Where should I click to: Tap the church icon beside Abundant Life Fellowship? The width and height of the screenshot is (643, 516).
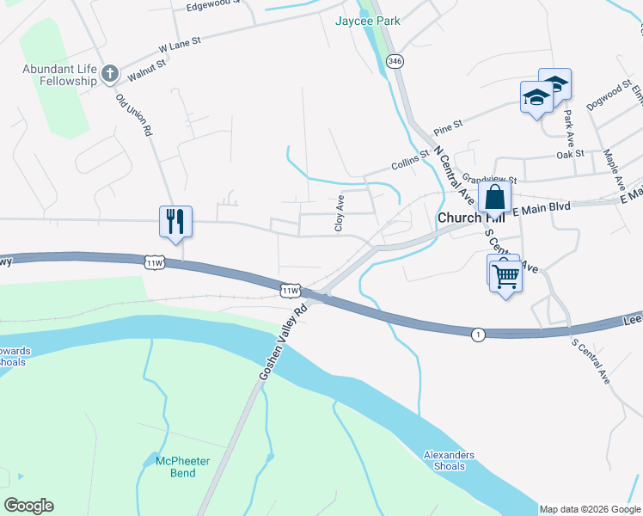point(109,74)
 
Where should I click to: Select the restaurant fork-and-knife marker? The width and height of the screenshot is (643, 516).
point(176,221)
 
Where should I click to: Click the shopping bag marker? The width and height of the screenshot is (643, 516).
point(495,197)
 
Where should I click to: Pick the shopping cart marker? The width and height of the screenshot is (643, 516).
point(505,276)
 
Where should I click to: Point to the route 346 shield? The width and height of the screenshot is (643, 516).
point(395,61)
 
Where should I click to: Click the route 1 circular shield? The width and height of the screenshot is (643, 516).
point(477,334)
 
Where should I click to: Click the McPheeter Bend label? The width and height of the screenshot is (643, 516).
point(182,467)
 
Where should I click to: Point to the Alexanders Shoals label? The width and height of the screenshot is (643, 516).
point(449,461)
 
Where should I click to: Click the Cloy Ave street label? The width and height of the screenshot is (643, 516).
point(340,212)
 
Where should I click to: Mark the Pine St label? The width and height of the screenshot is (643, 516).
point(448,127)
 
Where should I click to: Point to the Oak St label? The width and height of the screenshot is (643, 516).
point(570,154)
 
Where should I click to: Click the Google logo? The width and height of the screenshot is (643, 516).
point(28,506)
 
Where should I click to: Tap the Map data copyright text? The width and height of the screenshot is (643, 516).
point(590,509)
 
